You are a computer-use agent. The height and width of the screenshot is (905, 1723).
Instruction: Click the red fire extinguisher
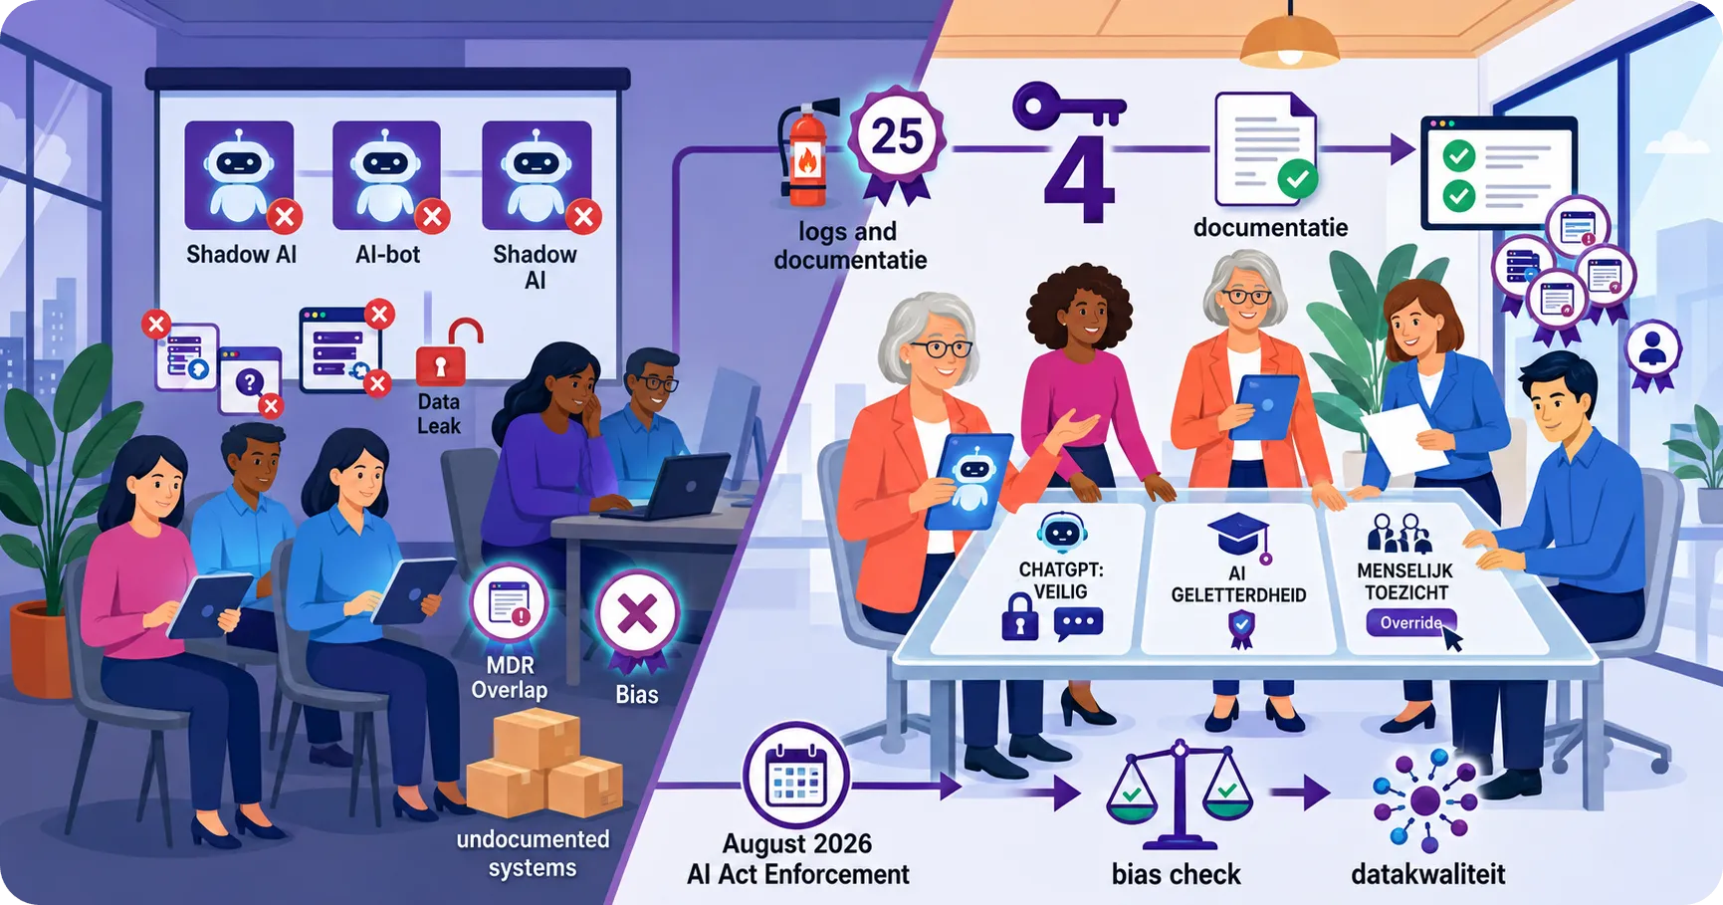[804, 153]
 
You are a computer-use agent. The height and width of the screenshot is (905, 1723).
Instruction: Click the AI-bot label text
[387, 255]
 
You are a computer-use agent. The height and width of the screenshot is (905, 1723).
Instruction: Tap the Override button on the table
[1411, 623]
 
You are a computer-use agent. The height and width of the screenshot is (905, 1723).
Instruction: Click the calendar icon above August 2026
[795, 776]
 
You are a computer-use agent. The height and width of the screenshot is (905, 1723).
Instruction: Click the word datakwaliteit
[1427, 874]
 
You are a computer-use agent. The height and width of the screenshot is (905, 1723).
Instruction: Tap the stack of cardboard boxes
[543, 763]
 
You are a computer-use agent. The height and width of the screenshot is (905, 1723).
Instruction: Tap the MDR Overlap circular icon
[510, 604]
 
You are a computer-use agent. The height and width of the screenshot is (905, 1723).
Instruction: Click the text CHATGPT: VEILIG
[1061, 580]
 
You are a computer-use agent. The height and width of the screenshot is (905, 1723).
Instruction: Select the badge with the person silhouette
[1652, 351]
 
